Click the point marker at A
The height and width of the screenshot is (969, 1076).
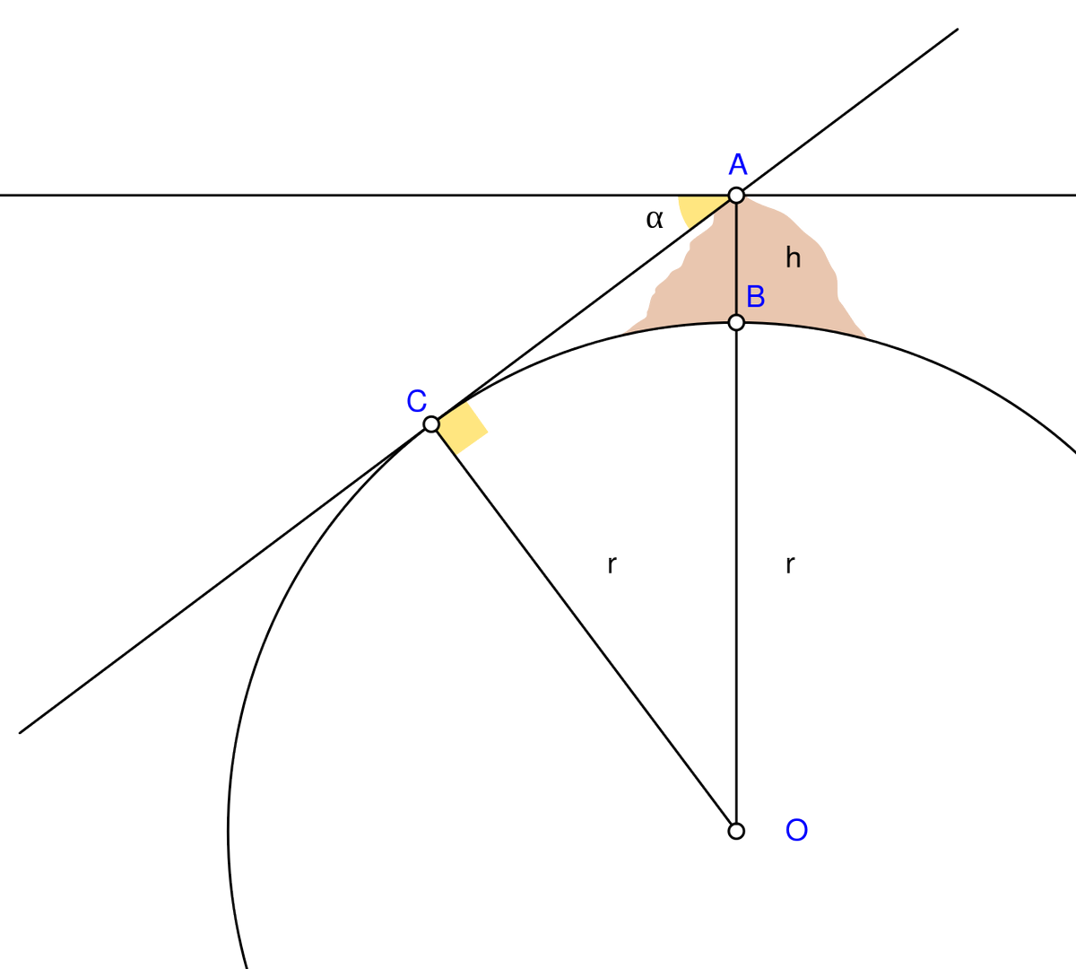[736, 195]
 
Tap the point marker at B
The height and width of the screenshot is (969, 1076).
[736, 322]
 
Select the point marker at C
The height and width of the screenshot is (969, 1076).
[431, 423]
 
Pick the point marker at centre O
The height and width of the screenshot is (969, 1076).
[736, 831]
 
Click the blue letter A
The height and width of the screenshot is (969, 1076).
[738, 165]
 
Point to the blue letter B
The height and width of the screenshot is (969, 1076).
[756, 296]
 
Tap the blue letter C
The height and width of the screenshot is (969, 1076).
[416, 401]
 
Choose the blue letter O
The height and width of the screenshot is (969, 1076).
[796, 831]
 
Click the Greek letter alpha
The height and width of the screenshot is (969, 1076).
[655, 218]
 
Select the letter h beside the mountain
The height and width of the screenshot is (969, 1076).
[793, 258]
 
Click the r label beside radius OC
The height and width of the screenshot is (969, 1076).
[612, 565]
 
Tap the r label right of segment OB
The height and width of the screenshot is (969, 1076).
[789, 565]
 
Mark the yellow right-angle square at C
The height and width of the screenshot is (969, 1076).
[462, 429]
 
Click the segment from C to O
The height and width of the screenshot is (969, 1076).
[583, 626]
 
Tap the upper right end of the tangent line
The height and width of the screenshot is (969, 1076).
[957, 30]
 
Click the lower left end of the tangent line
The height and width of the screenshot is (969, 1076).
[21, 731]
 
